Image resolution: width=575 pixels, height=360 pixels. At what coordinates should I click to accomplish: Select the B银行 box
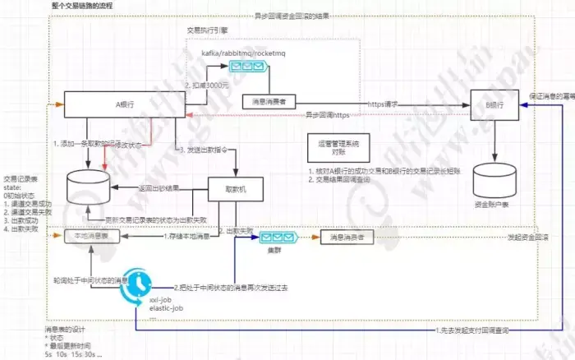click(x=494, y=104)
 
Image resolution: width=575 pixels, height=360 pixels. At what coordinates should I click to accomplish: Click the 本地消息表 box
click(x=92, y=236)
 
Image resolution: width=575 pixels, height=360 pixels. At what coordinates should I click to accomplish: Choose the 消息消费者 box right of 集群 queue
click(x=347, y=236)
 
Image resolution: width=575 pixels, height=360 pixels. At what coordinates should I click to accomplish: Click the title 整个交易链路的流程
click(x=82, y=6)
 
